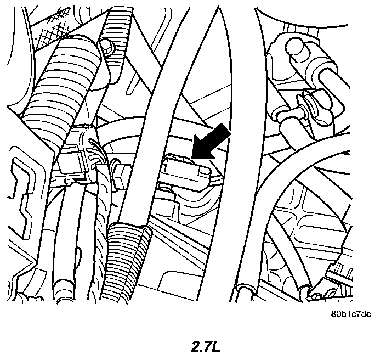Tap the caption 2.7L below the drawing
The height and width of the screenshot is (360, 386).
(206, 346)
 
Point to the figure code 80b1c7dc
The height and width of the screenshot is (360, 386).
(351, 314)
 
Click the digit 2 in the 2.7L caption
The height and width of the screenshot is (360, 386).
(195, 346)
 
